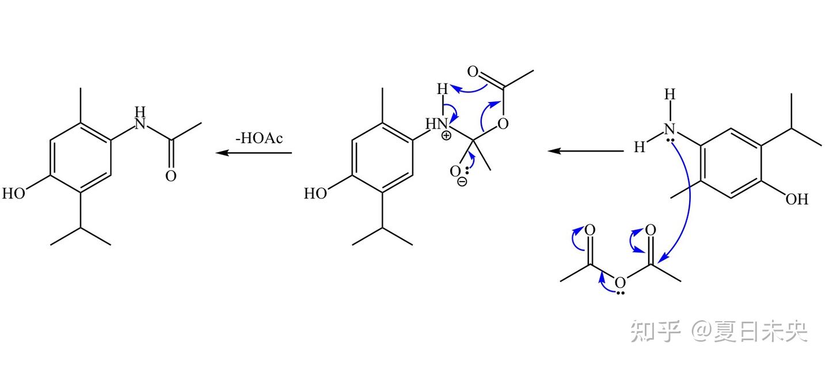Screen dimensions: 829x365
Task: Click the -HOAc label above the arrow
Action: click(x=259, y=139)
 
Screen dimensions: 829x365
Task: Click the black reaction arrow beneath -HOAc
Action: click(x=254, y=153)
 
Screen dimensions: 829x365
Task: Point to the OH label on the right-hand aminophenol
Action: click(x=797, y=200)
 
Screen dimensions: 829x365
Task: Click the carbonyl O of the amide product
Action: click(x=171, y=176)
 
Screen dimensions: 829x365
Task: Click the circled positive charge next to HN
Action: click(x=447, y=136)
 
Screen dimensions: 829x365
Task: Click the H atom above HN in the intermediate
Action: click(x=442, y=89)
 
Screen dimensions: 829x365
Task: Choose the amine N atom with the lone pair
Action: click(x=670, y=130)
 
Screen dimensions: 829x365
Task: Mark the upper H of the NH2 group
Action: click(x=670, y=95)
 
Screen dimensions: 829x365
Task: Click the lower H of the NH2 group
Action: click(x=639, y=148)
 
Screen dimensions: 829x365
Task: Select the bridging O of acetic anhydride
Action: click(x=620, y=283)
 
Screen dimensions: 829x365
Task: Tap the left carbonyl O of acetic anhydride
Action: click(x=590, y=231)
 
